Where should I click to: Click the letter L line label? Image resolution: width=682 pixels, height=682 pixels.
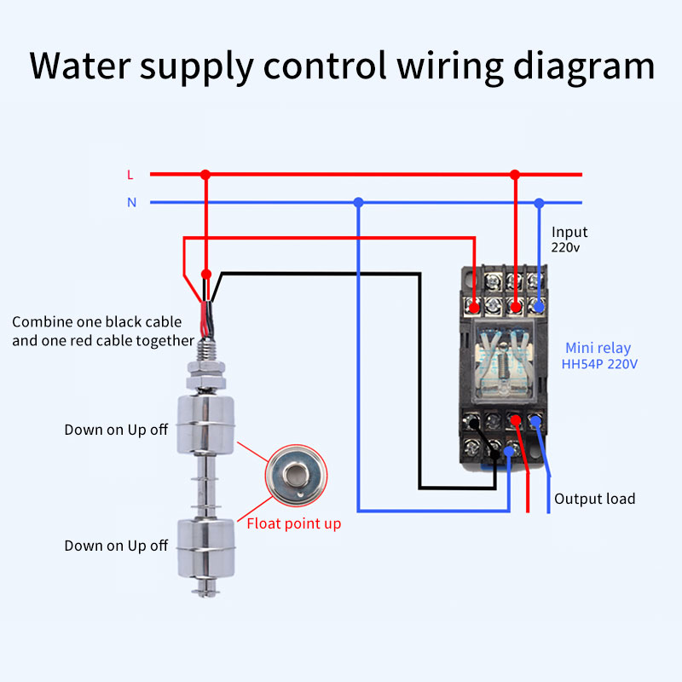click(130, 175)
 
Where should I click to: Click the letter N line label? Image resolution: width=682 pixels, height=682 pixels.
click(131, 203)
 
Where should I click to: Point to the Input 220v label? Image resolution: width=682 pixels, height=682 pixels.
click(569, 240)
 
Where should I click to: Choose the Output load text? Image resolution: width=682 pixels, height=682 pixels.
click(594, 499)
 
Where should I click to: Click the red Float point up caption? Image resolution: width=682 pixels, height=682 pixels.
click(293, 523)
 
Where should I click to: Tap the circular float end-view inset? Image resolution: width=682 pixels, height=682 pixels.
click(295, 475)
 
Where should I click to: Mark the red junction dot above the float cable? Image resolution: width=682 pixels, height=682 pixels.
click(205, 274)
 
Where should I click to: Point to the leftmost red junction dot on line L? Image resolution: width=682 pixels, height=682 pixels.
click(205, 175)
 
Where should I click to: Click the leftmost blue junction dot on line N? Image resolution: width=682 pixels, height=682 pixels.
click(358, 203)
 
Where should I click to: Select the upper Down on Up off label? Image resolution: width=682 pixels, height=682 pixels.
click(116, 430)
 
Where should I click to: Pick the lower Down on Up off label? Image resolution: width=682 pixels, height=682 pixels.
click(116, 546)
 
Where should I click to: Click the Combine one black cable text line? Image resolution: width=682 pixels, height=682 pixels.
click(96, 322)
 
